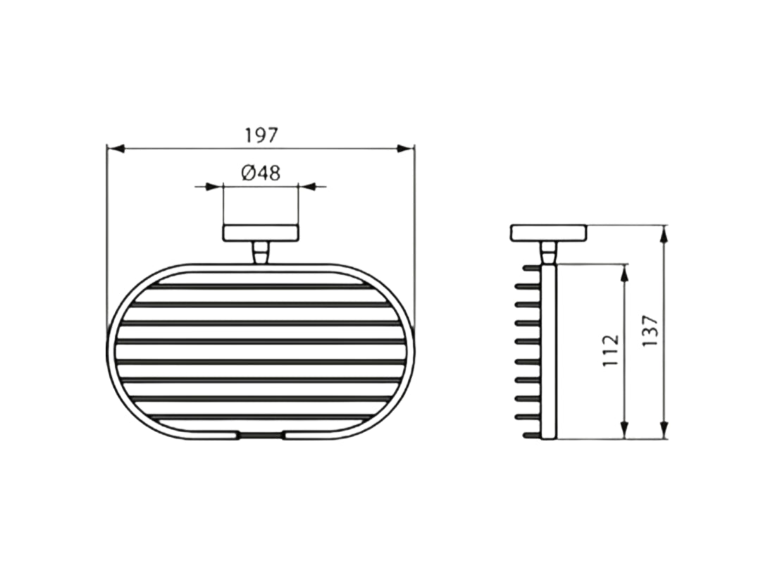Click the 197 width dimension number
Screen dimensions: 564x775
tap(262, 135)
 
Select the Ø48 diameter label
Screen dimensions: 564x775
tap(260, 173)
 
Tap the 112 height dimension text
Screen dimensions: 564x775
tap(611, 350)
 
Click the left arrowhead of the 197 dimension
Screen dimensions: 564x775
tap(115, 148)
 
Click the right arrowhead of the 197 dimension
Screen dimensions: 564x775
tap(405, 148)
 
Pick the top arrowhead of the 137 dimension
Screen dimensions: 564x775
tap(664, 233)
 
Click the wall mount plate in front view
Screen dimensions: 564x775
tap(260, 233)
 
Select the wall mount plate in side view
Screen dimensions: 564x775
tap(547, 233)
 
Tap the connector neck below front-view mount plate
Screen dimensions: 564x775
tap(260, 252)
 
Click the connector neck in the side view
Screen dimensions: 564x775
tap(547, 252)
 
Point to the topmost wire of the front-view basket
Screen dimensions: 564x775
tap(260, 287)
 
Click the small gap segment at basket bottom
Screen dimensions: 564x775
tap(260, 436)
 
